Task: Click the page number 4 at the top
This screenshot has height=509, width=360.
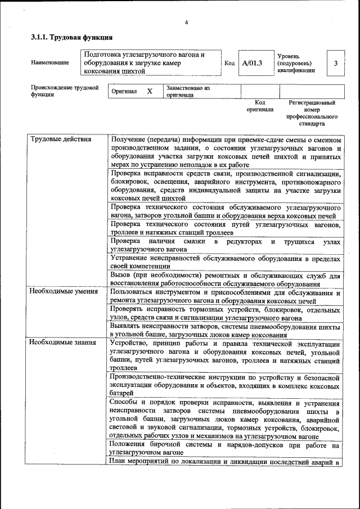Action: pos(186,22)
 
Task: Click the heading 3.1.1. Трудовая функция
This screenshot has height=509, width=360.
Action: pos(71,38)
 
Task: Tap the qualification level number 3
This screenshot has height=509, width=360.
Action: pos(335,64)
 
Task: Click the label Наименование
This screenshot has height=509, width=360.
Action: pos(50,63)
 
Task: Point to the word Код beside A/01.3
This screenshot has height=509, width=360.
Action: pos(229,63)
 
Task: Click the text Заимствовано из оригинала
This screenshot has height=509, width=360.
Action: pos(188,92)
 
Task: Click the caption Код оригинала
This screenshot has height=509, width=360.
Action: pos(260,106)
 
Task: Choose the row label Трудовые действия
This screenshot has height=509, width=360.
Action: pos(61,139)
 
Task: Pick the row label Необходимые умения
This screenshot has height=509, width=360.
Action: pos(64,291)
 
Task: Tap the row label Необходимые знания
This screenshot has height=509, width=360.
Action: pos(63,342)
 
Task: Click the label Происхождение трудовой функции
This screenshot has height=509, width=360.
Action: pos(65,91)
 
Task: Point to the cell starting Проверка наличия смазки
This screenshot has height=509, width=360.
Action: pos(226,245)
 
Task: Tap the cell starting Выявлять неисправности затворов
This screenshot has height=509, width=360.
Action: pos(226,330)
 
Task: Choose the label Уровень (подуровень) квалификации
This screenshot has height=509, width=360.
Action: pos(296,64)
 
